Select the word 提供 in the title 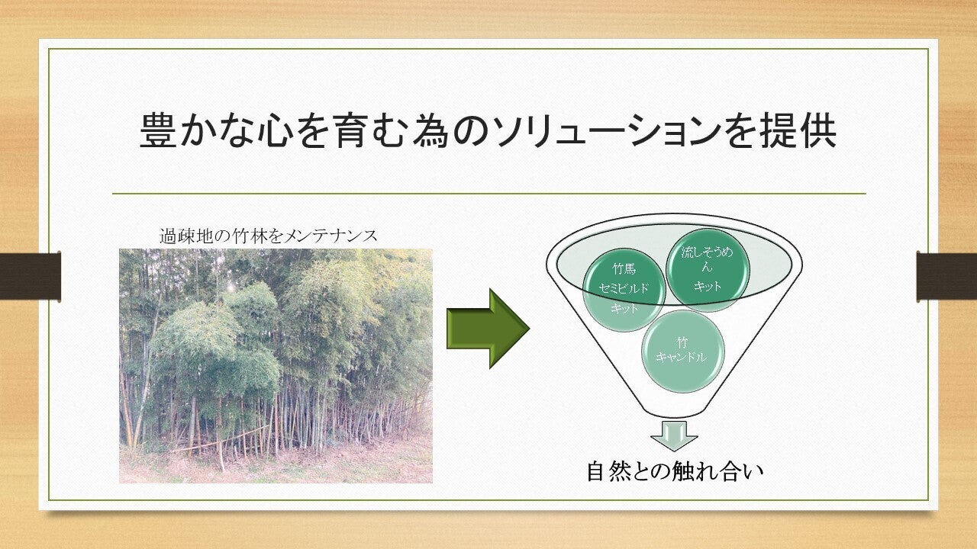pos(799,130)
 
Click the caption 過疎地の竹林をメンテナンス pos(268,236)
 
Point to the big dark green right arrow pos(488,329)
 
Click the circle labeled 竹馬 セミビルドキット pos(624,289)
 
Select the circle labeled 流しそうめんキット pos(707,270)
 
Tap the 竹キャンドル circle pos(683,350)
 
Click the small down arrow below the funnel pos(674,435)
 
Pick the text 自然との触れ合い pos(674,471)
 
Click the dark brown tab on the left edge pos(30,277)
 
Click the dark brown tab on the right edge pos(946,277)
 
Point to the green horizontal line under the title pos(489,194)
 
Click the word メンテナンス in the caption pos(331,236)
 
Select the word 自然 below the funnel pos(608,471)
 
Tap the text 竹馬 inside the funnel pos(624,269)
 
